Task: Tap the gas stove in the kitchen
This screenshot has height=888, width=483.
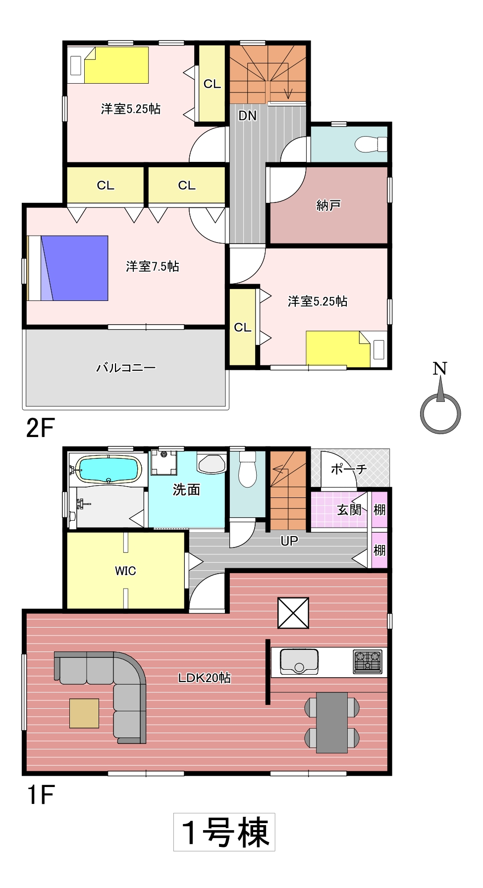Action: (x=368, y=662)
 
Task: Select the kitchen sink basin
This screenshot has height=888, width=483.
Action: (x=299, y=662)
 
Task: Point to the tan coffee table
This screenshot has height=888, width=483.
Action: (x=84, y=713)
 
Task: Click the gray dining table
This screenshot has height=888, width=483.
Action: (x=332, y=723)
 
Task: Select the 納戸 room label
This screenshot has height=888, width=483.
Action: (x=328, y=205)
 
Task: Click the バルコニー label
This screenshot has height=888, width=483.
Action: (x=126, y=368)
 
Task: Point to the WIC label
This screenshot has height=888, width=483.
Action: (x=125, y=571)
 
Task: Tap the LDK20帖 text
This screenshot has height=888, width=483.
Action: (x=204, y=678)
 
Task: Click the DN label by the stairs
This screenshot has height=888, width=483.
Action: (x=248, y=116)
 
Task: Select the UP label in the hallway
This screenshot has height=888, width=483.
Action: (x=289, y=541)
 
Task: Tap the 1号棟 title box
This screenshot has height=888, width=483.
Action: (x=224, y=832)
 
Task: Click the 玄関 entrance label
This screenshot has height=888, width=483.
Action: (x=350, y=509)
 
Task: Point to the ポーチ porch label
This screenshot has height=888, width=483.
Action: (x=348, y=469)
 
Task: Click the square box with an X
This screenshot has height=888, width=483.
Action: (x=293, y=613)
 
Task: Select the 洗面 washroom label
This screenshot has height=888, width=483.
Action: (x=186, y=490)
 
